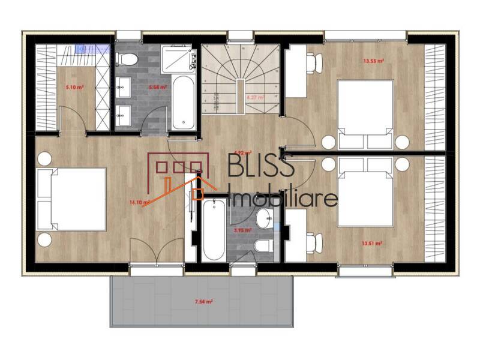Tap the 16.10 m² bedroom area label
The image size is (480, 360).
tap(138, 202)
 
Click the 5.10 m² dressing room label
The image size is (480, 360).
tap(74, 86)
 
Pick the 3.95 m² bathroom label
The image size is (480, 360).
tap(241, 229)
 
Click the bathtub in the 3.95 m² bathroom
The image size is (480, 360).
tap(213, 230)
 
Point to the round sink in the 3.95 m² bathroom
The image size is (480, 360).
tap(264, 219)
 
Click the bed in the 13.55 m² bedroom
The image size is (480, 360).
tap(364, 114)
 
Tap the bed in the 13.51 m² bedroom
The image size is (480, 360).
tap(364, 192)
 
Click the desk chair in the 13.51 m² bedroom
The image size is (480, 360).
tap(312, 243)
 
